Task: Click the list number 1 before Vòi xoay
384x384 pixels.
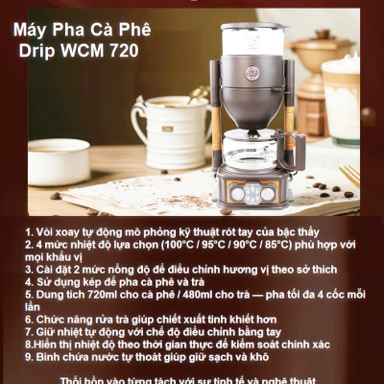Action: [x=29, y=232]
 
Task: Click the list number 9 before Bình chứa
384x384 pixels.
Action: [x=29, y=355]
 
